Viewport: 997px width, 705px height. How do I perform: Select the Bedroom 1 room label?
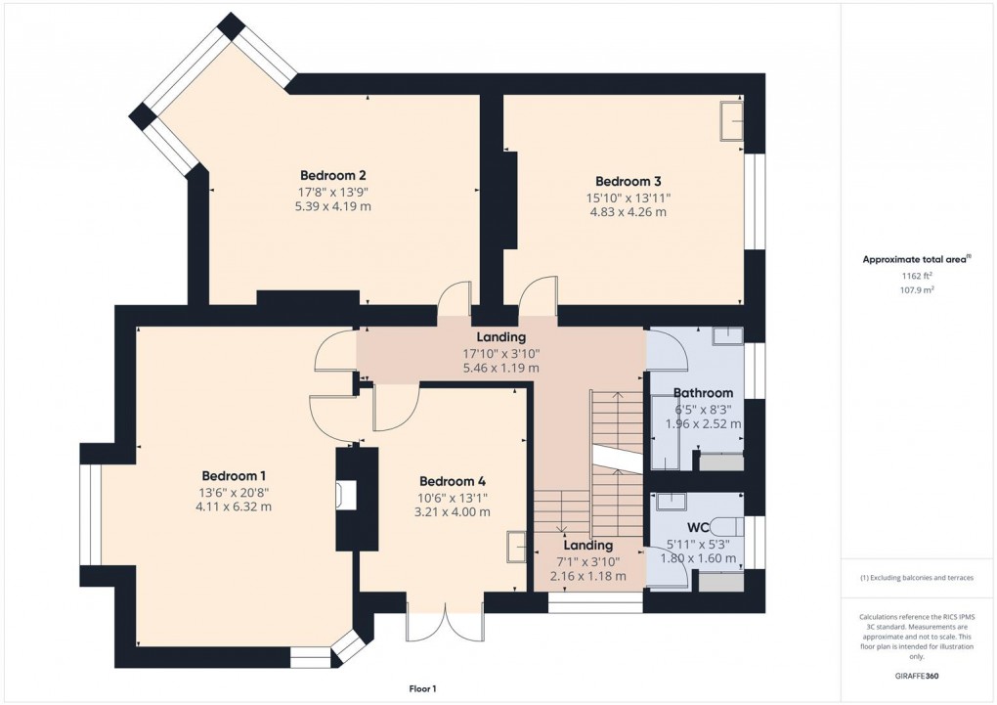[233, 476]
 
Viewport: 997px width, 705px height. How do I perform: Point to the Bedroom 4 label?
[453, 481]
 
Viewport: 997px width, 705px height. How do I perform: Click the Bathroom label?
[703, 393]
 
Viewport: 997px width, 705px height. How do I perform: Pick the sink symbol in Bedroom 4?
[515, 548]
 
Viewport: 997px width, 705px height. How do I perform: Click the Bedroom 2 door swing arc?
[454, 298]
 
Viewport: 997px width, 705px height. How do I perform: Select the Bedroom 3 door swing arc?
[538, 296]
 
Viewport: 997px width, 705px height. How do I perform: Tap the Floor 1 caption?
[422, 689]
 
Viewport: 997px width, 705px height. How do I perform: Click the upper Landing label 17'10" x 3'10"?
[500, 353]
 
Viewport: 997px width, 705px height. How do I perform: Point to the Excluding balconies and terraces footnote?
[917, 578]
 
